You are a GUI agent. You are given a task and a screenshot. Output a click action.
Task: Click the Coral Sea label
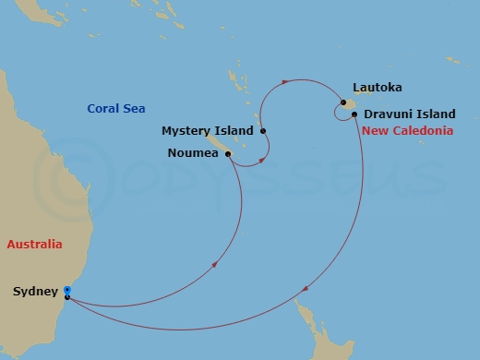point(116,109)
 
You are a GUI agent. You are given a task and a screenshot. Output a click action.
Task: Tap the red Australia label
point(34,245)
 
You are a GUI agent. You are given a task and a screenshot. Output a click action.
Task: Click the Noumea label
point(193,153)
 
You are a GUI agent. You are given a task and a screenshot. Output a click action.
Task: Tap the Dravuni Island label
point(409,114)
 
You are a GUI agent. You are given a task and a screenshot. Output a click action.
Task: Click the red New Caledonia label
point(407,131)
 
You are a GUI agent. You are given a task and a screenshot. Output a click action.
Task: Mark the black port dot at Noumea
point(227,154)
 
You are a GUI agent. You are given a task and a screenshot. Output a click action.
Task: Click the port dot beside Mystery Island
point(263,131)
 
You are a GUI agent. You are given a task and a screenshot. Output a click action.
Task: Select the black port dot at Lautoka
point(342,102)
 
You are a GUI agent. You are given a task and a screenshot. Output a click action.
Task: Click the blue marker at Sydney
point(67,291)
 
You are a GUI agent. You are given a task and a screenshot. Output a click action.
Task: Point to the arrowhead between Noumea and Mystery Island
point(264,160)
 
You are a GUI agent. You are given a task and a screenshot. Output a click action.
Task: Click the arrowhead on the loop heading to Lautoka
point(284,83)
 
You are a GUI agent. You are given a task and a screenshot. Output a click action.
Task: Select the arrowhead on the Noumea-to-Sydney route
point(216,264)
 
